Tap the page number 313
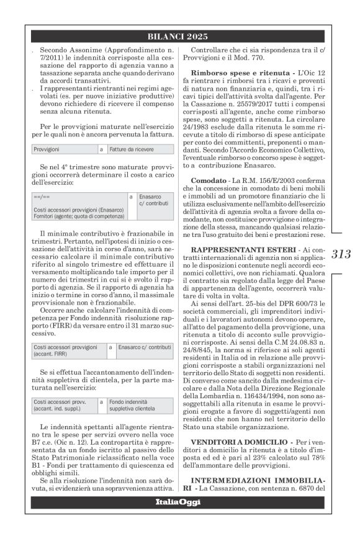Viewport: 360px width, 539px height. pyautogui.click(x=341, y=253)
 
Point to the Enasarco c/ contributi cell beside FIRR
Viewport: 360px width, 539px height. pyautogui.click(x=145, y=348)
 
